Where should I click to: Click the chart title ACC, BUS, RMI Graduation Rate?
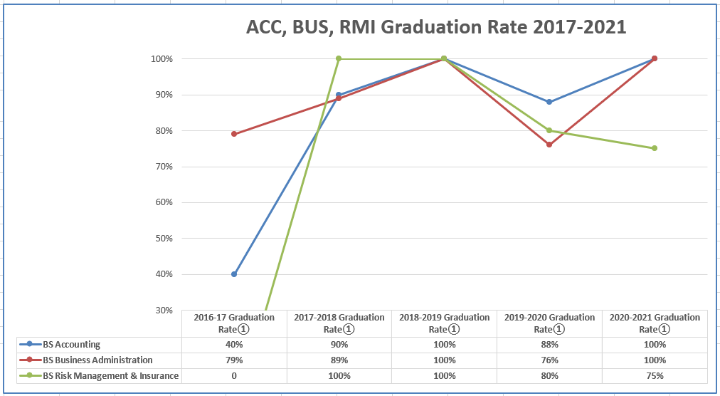435,27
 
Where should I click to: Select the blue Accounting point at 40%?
234,274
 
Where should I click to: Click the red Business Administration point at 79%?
234,134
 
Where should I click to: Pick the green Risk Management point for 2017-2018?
339,58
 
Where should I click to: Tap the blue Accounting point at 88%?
549,102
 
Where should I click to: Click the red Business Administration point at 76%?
549,145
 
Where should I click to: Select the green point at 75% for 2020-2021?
655,148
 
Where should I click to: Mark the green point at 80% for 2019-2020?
549,130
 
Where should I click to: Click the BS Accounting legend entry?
71,345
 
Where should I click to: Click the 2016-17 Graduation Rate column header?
234,323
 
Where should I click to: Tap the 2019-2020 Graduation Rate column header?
549,323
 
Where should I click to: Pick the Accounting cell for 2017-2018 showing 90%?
339,345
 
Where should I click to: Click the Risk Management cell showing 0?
234,376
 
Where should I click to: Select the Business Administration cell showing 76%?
549,360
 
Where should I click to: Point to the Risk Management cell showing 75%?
655,376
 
